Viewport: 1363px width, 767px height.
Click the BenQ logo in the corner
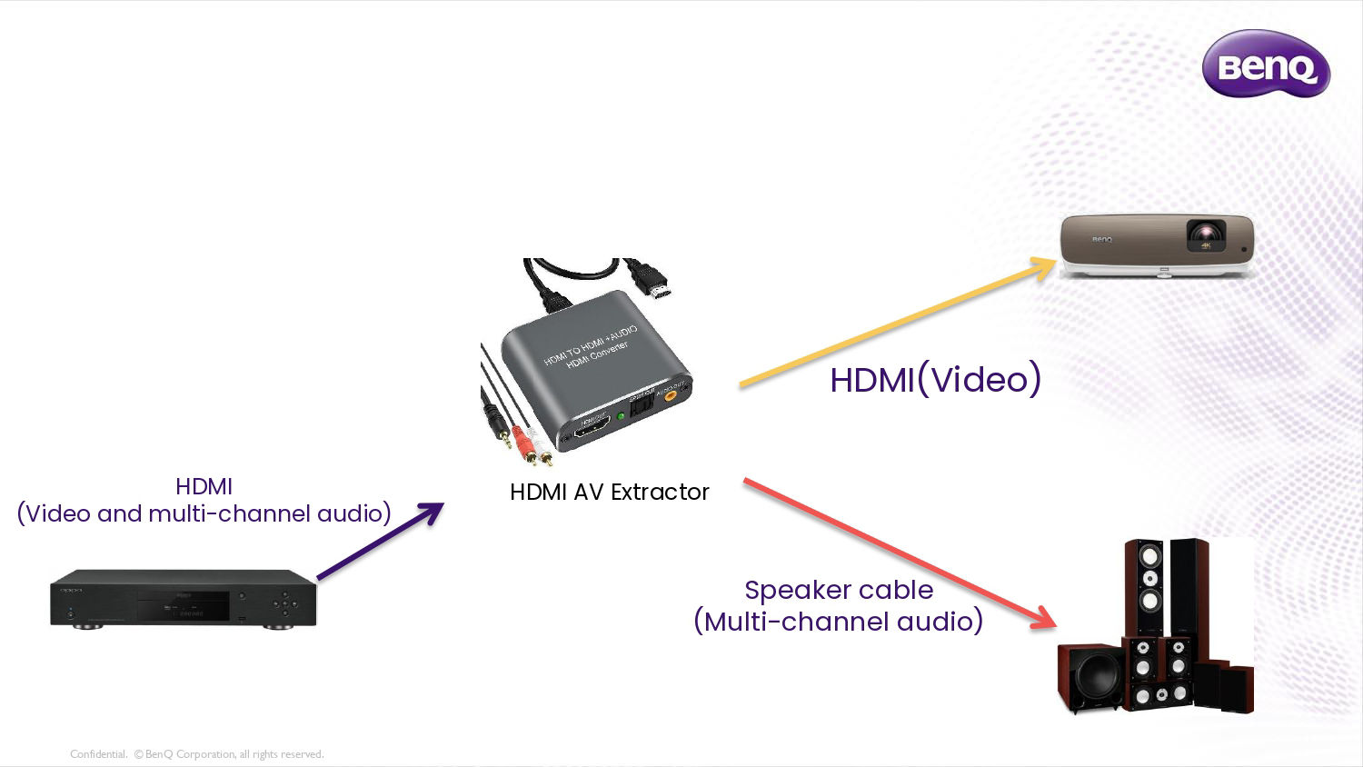click(1266, 65)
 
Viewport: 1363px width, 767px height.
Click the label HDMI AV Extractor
click(609, 492)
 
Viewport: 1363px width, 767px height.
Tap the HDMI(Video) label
click(935, 380)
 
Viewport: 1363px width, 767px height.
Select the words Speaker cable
click(838, 590)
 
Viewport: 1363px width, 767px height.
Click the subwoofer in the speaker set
click(1089, 677)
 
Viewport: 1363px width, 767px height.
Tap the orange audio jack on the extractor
click(671, 395)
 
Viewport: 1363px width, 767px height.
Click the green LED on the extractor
click(621, 416)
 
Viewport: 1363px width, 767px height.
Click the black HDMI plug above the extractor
click(652, 278)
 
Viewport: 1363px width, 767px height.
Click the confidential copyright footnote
click(196, 754)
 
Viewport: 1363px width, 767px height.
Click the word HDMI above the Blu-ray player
click(204, 486)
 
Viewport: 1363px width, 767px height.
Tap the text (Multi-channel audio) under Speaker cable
click(838, 622)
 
